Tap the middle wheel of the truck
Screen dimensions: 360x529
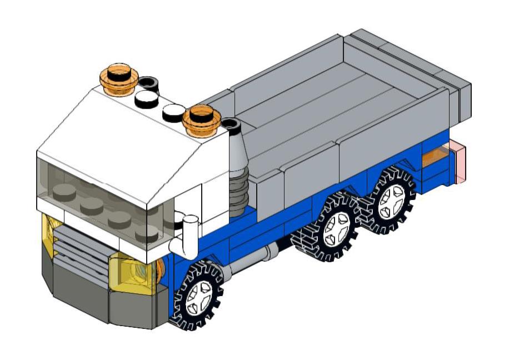(x=335, y=227)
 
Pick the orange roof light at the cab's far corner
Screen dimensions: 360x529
(x=118, y=78)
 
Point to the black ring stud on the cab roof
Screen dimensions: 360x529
(x=148, y=84)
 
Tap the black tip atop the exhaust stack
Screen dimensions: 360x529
(x=232, y=126)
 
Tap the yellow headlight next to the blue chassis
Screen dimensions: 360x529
(x=133, y=272)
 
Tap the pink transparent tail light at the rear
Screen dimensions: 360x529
(x=459, y=161)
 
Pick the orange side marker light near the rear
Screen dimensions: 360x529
(x=434, y=157)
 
